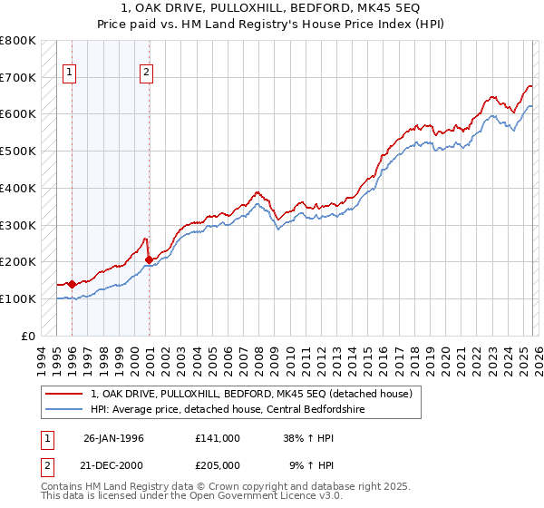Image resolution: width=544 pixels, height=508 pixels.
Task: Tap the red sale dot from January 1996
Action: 72,284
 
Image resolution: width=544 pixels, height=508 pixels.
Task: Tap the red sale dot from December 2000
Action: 149,260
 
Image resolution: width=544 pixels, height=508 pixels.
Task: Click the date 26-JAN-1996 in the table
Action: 113,438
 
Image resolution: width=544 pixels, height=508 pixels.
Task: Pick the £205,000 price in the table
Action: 218,464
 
